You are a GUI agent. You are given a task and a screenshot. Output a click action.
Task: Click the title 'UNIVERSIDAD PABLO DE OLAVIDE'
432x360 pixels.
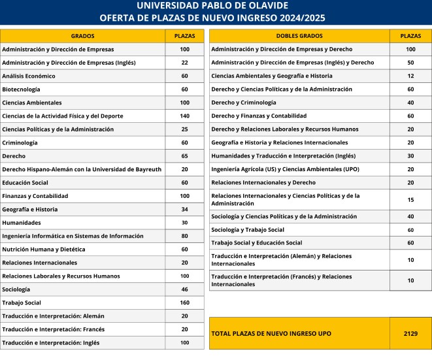click(x=216, y=6)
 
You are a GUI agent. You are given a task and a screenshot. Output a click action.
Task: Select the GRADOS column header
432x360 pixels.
click(x=82, y=36)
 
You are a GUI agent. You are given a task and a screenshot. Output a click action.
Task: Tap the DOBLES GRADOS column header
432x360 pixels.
click(x=299, y=36)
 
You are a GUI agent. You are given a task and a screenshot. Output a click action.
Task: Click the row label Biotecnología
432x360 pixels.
click(x=21, y=90)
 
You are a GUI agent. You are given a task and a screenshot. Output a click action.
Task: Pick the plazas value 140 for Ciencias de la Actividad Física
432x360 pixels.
click(x=184, y=116)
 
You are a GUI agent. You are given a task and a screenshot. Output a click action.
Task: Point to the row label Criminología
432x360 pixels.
click(x=20, y=142)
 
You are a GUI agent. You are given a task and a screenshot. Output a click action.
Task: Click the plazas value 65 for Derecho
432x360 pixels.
click(x=184, y=156)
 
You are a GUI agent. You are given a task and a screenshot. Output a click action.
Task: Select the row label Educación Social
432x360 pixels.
click(x=26, y=183)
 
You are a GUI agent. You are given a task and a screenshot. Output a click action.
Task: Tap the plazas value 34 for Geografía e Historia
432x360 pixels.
click(x=184, y=210)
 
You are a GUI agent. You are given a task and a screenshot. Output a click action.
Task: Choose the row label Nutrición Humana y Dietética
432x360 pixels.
click(x=43, y=250)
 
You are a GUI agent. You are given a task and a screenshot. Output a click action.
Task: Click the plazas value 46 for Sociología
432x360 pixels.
click(x=184, y=289)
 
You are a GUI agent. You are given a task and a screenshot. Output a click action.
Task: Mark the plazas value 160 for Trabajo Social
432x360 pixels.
click(x=184, y=303)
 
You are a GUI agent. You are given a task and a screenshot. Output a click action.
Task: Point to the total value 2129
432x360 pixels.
click(x=410, y=333)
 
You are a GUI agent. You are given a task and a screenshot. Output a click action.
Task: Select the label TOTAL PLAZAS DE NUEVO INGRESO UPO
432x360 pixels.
click(x=271, y=333)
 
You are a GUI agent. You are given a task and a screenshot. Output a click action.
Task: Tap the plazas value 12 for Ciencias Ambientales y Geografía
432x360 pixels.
click(x=410, y=76)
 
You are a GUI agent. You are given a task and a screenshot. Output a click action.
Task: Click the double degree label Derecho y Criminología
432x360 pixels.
click(x=244, y=103)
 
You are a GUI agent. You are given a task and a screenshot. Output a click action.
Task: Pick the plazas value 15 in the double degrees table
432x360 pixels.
click(x=410, y=199)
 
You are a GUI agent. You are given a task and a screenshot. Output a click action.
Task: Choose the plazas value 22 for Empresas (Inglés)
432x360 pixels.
click(x=184, y=63)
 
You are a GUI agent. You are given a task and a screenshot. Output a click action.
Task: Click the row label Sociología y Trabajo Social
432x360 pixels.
click(x=248, y=230)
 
